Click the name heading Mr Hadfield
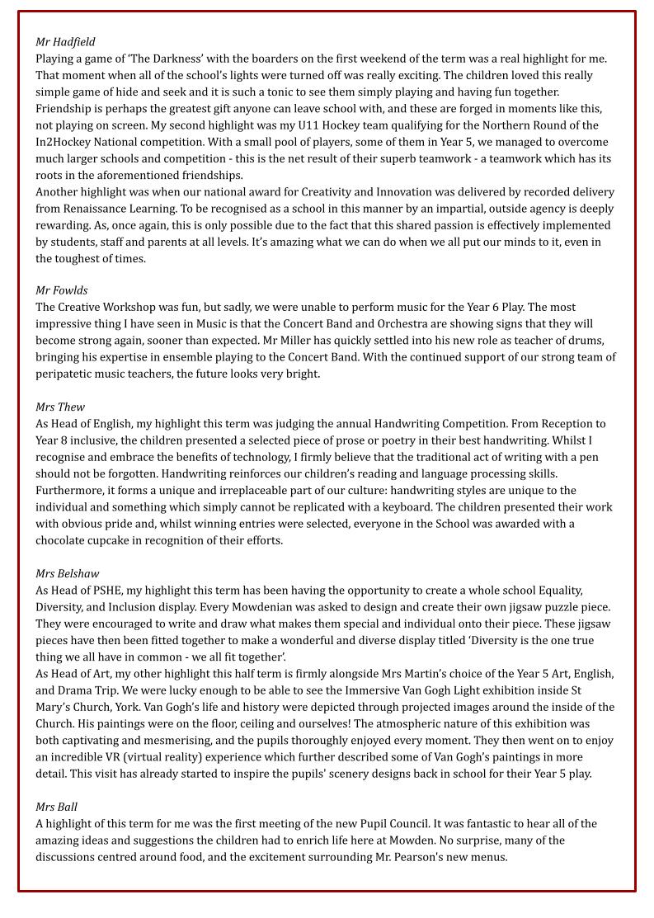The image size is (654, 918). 65,42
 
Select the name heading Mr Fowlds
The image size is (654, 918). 61,290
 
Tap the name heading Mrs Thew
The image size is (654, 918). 59,407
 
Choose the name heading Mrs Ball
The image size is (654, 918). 56,807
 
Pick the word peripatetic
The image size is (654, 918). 69,374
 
